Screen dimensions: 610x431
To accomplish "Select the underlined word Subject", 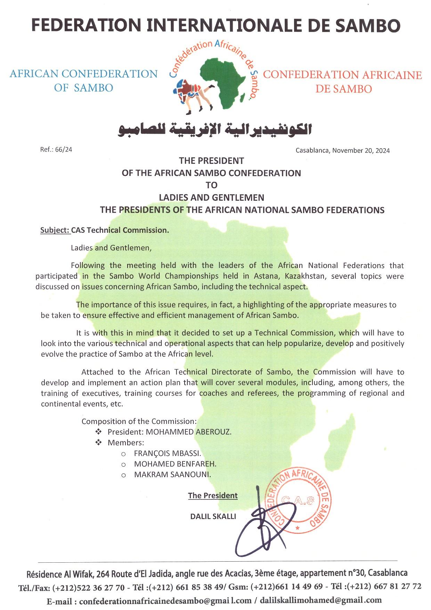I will point(55,230).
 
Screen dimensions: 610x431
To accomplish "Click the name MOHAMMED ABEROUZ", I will point(188,432).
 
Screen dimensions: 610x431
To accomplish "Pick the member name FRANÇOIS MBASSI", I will point(167,453).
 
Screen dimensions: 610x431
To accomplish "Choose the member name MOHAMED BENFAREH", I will point(175,464).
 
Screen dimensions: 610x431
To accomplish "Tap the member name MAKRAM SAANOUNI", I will point(172,474).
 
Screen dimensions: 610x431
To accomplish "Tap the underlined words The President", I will point(213,496).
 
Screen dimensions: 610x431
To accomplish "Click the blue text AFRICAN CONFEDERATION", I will point(83,74).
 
